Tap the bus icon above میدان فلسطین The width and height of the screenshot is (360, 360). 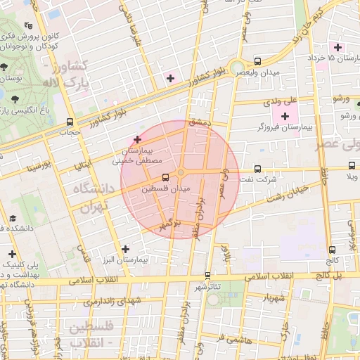[x=165, y=177]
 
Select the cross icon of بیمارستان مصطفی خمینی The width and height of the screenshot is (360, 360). [x=137, y=140]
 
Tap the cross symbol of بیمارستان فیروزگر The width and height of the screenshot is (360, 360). [x=285, y=116]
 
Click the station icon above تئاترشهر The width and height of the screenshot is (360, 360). [x=207, y=275]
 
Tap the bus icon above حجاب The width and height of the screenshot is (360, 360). [x=68, y=121]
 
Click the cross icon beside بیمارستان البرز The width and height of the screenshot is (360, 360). [x=125, y=249]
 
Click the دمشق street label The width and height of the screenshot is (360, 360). [x=199, y=122]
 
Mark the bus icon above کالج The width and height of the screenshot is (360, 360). [x=332, y=250]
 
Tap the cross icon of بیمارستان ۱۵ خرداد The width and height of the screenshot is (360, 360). [x=338, y=47]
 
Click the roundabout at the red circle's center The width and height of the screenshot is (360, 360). [x=181, y=173]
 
